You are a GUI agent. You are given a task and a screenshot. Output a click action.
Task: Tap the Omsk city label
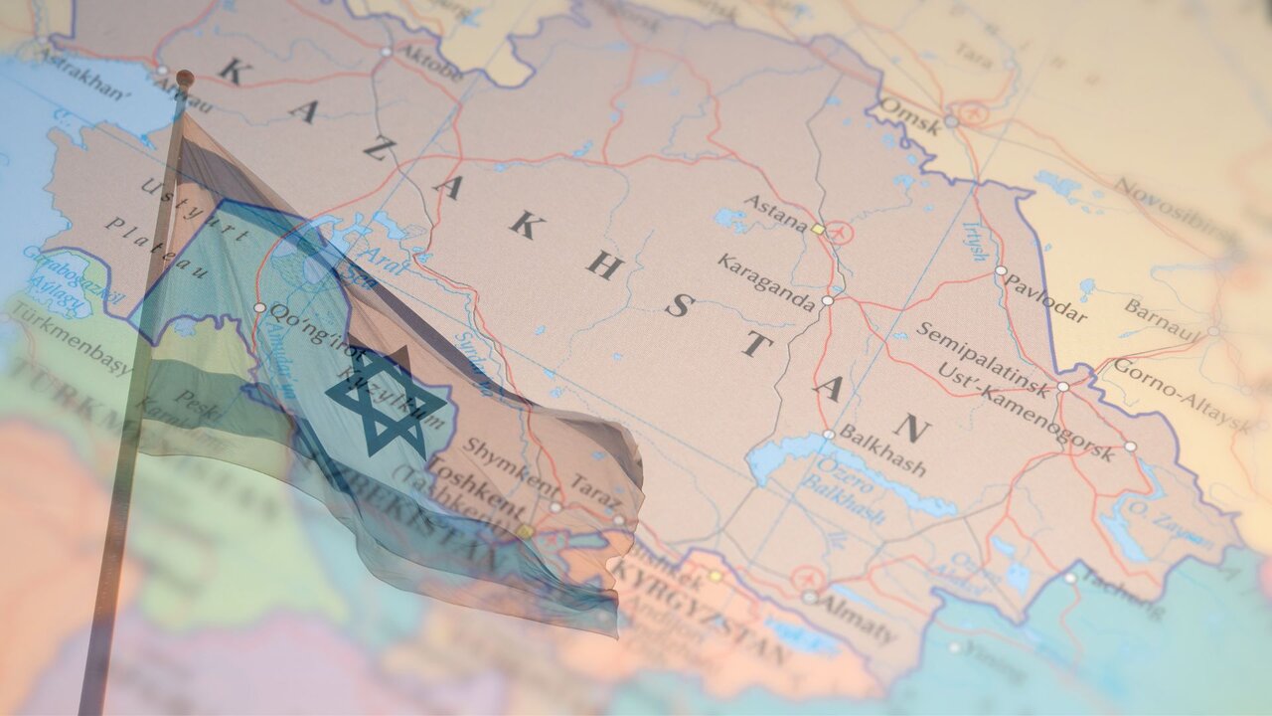click(x=910, y=114)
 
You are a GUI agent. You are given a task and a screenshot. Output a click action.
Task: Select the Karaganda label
click(x=766, y=281)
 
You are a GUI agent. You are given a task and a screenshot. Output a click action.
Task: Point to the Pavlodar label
click(x=1045, y=296)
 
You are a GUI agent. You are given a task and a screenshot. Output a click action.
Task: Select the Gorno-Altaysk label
click(x=1181, y=395)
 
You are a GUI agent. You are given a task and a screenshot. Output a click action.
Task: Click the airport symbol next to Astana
click(x=840, y=233)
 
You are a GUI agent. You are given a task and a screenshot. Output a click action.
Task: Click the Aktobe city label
click(x=429, y=63)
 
